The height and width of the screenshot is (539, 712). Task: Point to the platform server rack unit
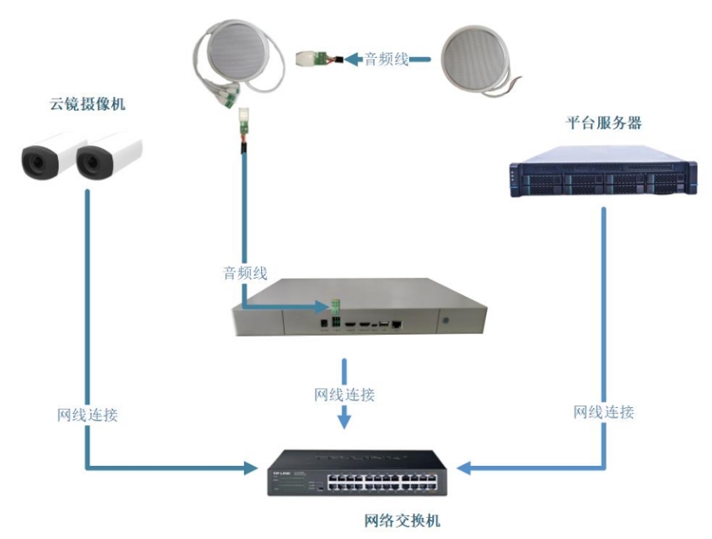click(x=599, y=174)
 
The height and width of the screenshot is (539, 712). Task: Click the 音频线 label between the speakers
click(x=387, y=60)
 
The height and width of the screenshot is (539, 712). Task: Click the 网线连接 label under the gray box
click(x=345, y=395)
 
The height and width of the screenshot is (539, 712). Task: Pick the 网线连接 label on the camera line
click(x=88, y=416)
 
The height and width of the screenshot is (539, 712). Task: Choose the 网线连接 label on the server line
click(x=603, y=412)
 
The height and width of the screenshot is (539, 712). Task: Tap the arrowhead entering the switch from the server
click(x=463, y=468)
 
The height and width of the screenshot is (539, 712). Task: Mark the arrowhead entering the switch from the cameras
click(x=250, y=468)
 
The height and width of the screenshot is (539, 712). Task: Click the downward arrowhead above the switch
click(x=344, y=420)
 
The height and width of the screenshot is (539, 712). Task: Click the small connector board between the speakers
click(x=312, y=60)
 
